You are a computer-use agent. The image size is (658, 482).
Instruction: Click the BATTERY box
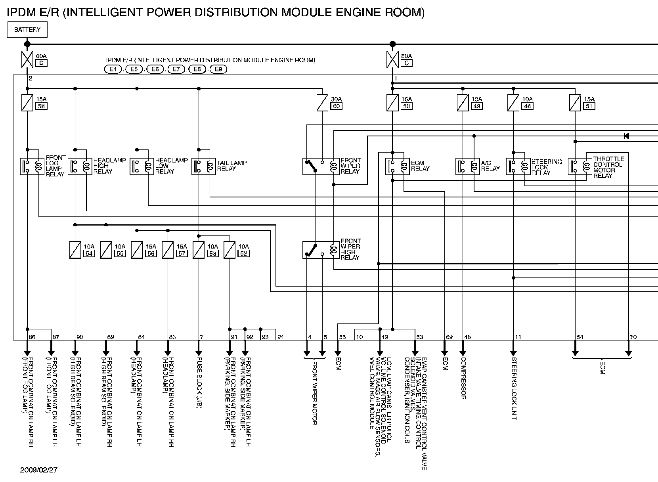coord(27,30)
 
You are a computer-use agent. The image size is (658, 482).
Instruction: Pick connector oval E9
coord(218,69)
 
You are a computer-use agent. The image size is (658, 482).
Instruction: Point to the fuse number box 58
coord(41,106)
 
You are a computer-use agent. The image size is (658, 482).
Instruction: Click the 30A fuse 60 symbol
coord(322,103)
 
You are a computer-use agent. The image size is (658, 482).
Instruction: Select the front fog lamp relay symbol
coord(33,166)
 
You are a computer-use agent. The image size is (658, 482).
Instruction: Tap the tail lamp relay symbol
coord(204,166)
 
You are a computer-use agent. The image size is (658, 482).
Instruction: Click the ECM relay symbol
coord(397,166)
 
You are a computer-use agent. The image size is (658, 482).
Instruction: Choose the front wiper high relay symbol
coord(321,250)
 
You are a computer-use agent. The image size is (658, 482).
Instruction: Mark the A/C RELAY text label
coord(490,166)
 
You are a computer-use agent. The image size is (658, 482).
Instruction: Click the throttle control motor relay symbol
coord(580,166)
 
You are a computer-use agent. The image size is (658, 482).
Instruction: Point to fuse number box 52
coord(244,253)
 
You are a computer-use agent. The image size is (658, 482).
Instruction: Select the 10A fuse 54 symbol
coord(75,250)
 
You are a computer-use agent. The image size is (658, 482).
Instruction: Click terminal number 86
coord(32,337)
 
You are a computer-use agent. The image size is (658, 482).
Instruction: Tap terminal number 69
coord(449,337)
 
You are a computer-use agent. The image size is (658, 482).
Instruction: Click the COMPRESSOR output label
coord(463,378)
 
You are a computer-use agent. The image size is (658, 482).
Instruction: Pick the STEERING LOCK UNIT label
coord(514,389)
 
